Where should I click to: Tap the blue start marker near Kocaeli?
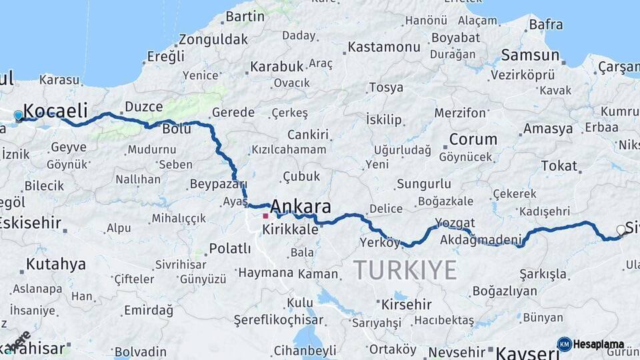coord(18,115)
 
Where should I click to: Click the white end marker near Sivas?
coord(621,230)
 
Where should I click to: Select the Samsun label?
coord(530,55)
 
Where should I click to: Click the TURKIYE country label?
coord(405,270)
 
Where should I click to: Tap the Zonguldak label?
coord(213,39)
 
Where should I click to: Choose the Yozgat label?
coord(455,223)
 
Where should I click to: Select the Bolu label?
coord(177,129)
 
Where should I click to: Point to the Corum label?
coord(473,139)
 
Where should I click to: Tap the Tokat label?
coord(559,165)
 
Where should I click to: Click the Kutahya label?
coord(56,265)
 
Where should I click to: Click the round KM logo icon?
coord(564,344)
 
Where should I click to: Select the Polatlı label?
coord(230,249)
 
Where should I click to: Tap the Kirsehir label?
coord(406,305)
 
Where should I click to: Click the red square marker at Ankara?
coord(265,216)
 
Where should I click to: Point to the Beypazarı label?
coord(219,184)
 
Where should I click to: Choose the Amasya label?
coord(548,129)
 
